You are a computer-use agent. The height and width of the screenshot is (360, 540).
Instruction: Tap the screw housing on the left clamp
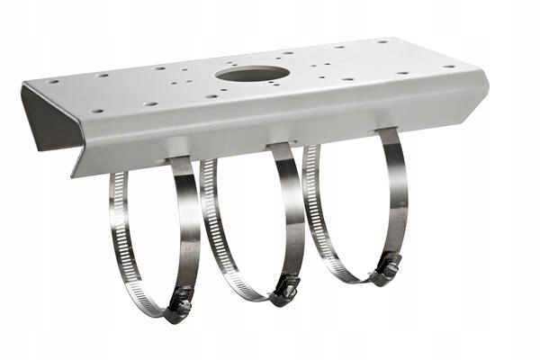179,307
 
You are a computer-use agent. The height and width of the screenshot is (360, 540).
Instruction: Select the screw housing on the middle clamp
286,288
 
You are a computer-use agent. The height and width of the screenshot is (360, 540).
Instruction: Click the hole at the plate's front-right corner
449,67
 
